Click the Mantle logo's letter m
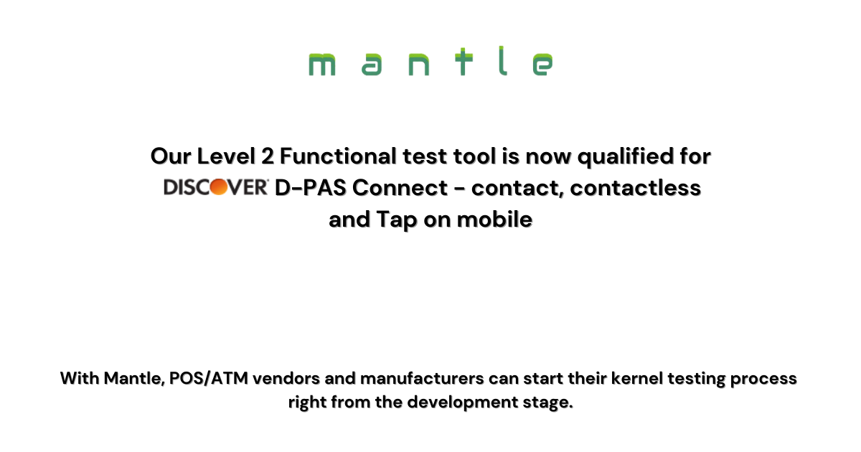[321, 64]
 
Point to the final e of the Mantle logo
[542, 64]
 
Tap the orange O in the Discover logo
[219, 187]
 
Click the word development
[462, 402]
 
